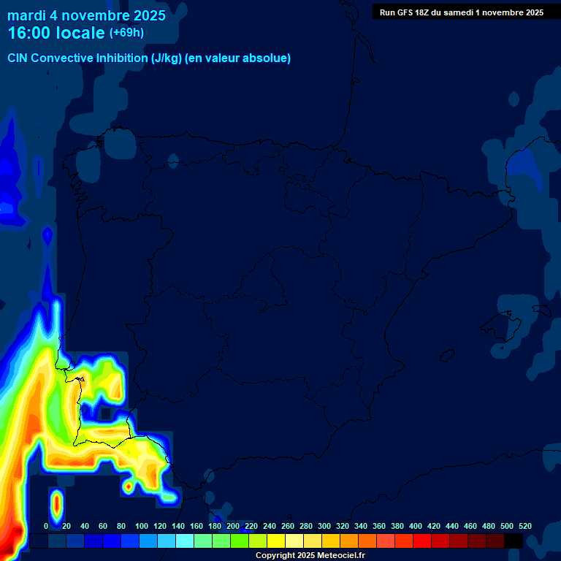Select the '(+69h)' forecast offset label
pyautogui.click(x=126, y=32)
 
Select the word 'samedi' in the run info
pyautogui.click(x=458, y=12)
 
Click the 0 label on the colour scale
pyautogui.click(x=46, y=526)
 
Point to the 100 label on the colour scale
pyautogui.click(x=142, y=526)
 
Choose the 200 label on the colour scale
pyautogui.click(x=233, y=526)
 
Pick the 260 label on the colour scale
pyautogui.click(x=288, y=526)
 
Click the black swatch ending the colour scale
pyautogui.click(x=514, y=541)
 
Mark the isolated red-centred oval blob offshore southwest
pyautogui.click(x=57, y=503)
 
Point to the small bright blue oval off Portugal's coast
pyautogui.click(x=47, y=236)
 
